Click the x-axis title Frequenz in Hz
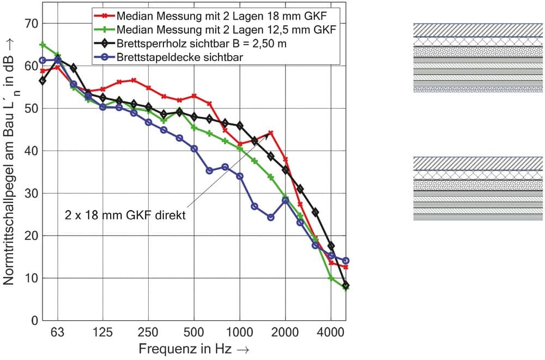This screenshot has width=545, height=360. click(x=193, y=348)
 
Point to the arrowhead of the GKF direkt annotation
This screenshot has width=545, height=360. click(x=268, y=135)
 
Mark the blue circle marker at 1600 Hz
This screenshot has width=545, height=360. click(x=271, y=217)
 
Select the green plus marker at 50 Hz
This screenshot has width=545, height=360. click(x=43, y=45)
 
